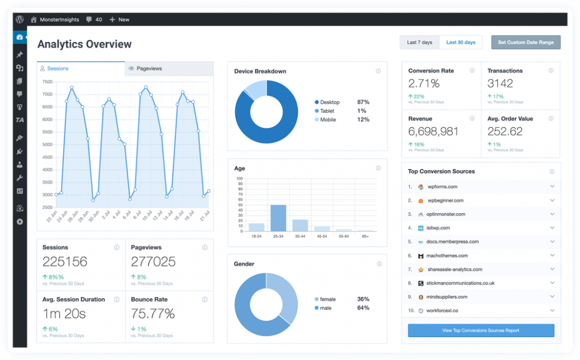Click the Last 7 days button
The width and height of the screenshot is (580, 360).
[x=419, y=42]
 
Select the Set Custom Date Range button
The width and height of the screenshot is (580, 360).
[x=526, y=42]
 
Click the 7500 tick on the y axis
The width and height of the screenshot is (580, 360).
[x=47, y=82]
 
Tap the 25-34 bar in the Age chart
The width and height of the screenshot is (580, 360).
[x=278, y=218]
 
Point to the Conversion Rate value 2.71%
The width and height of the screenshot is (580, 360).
[x=424, y=84]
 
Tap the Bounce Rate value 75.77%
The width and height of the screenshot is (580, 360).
[x=153, y=313]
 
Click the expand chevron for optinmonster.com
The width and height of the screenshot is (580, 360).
[x=552, y=215]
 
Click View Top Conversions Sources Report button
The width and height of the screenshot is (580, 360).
[x=481, y=331]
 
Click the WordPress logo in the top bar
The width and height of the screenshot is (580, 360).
[x=20, y=19]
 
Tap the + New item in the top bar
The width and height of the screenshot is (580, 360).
[x=119, y=19]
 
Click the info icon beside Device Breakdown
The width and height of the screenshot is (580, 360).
[x=378, y=71]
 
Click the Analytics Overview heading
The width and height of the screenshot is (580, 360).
[x=84, y=44]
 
